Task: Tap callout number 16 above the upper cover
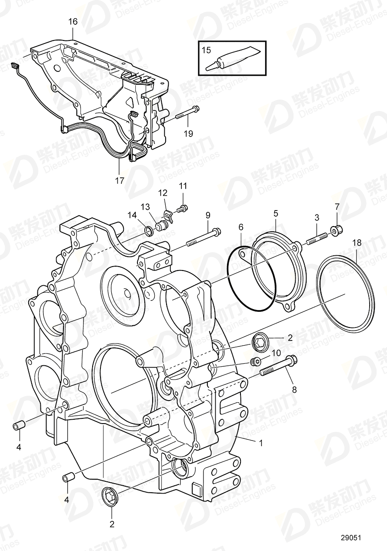[x=73, y=21]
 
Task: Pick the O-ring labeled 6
[x=251, y=278]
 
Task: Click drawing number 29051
[x=351, y=538]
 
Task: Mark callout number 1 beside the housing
[x=261, y=444]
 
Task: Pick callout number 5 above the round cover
[x=276, y=213]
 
